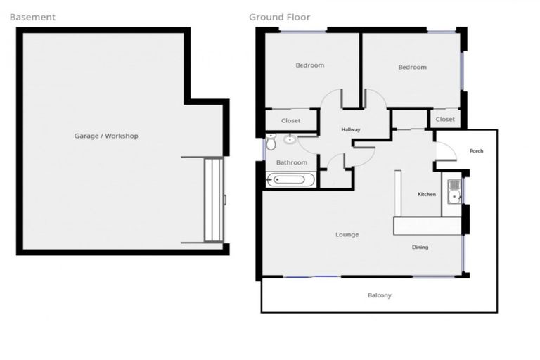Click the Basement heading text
(x=32, y=17)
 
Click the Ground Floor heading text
(x=279, y=17)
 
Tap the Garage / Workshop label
(x=106, y=136)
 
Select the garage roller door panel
(x=213, y=200)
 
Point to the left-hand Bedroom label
(x=309, y=65)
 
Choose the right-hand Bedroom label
(x=412, y=67)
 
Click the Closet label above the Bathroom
(x=290, y=121)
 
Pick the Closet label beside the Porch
(x=444, y=120)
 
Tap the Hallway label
(x=350, y=130)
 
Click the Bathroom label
(x=291, y=162)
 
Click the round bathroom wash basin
(x=290, y=139)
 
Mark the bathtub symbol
(x=287, y=180)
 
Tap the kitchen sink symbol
(x=454, y=192)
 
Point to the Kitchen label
(x=427, y=194)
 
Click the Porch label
(x=476, y=151)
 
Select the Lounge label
(x=347, y=234)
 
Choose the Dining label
(x=420, y=247)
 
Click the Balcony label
(x=379, y=295)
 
